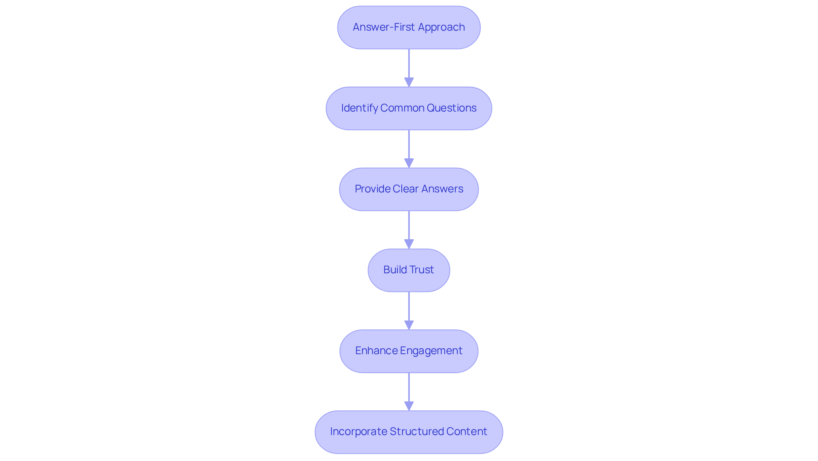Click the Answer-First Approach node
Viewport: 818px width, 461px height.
pyautogui.click(x=409, y=28)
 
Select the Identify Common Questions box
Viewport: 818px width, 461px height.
pyautogui.click(x=409, y=109)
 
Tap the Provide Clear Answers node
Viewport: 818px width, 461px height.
pyautogui.click(x=409, y=189)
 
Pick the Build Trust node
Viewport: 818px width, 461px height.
pyautogui.click(x=409, y=270)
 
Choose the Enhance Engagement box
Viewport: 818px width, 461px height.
pyautogui.click(x=409, y=351)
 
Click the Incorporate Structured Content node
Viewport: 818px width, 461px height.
pyautogui.click(x=409, y=432)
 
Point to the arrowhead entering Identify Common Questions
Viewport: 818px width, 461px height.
pyautogui.click(x=409, y=82)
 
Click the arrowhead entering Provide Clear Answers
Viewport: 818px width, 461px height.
pyautogui.click(x=409, y=163)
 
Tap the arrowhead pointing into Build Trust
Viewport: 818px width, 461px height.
pyautogui.click(x=409, y=244)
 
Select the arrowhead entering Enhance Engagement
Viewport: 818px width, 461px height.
pyautogui.click(x=409, y=325)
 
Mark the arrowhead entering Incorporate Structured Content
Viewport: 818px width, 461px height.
pyautogui.click(x=409, y=406)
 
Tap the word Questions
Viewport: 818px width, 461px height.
pyautogui.click(x=451, y=108)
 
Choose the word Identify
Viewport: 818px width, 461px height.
pyautogui.click(x=359, y=108)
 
